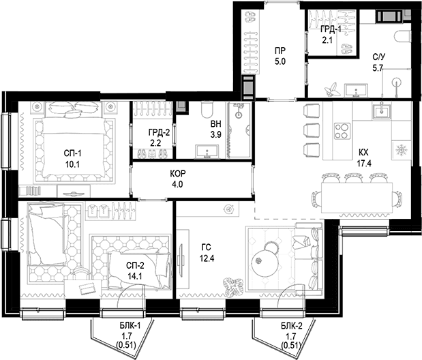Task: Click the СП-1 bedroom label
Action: tap(73, 153)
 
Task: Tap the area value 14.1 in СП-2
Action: tap(135, 276)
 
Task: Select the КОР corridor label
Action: tap(178, 173)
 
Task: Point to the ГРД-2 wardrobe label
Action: tap(159, 132)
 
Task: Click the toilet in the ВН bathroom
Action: tap(207, 109)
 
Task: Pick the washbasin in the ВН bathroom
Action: tap(207, 151)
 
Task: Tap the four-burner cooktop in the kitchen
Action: tap(342, 131)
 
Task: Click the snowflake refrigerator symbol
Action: tap(402, 150)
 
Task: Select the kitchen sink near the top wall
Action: tap(382, 110)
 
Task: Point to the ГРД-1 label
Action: tap(331, 29)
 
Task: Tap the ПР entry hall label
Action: tap(280, 50)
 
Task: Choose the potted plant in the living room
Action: tap(233, 287)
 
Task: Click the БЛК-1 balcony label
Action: tap(130, 326)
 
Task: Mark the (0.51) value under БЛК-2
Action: tap(291, 345)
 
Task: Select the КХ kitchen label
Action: tap(363, 153)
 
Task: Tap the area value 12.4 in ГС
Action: tap(207, 258)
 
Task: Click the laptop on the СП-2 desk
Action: tap(87, 288)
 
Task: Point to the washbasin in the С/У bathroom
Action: tap(356, 90)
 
